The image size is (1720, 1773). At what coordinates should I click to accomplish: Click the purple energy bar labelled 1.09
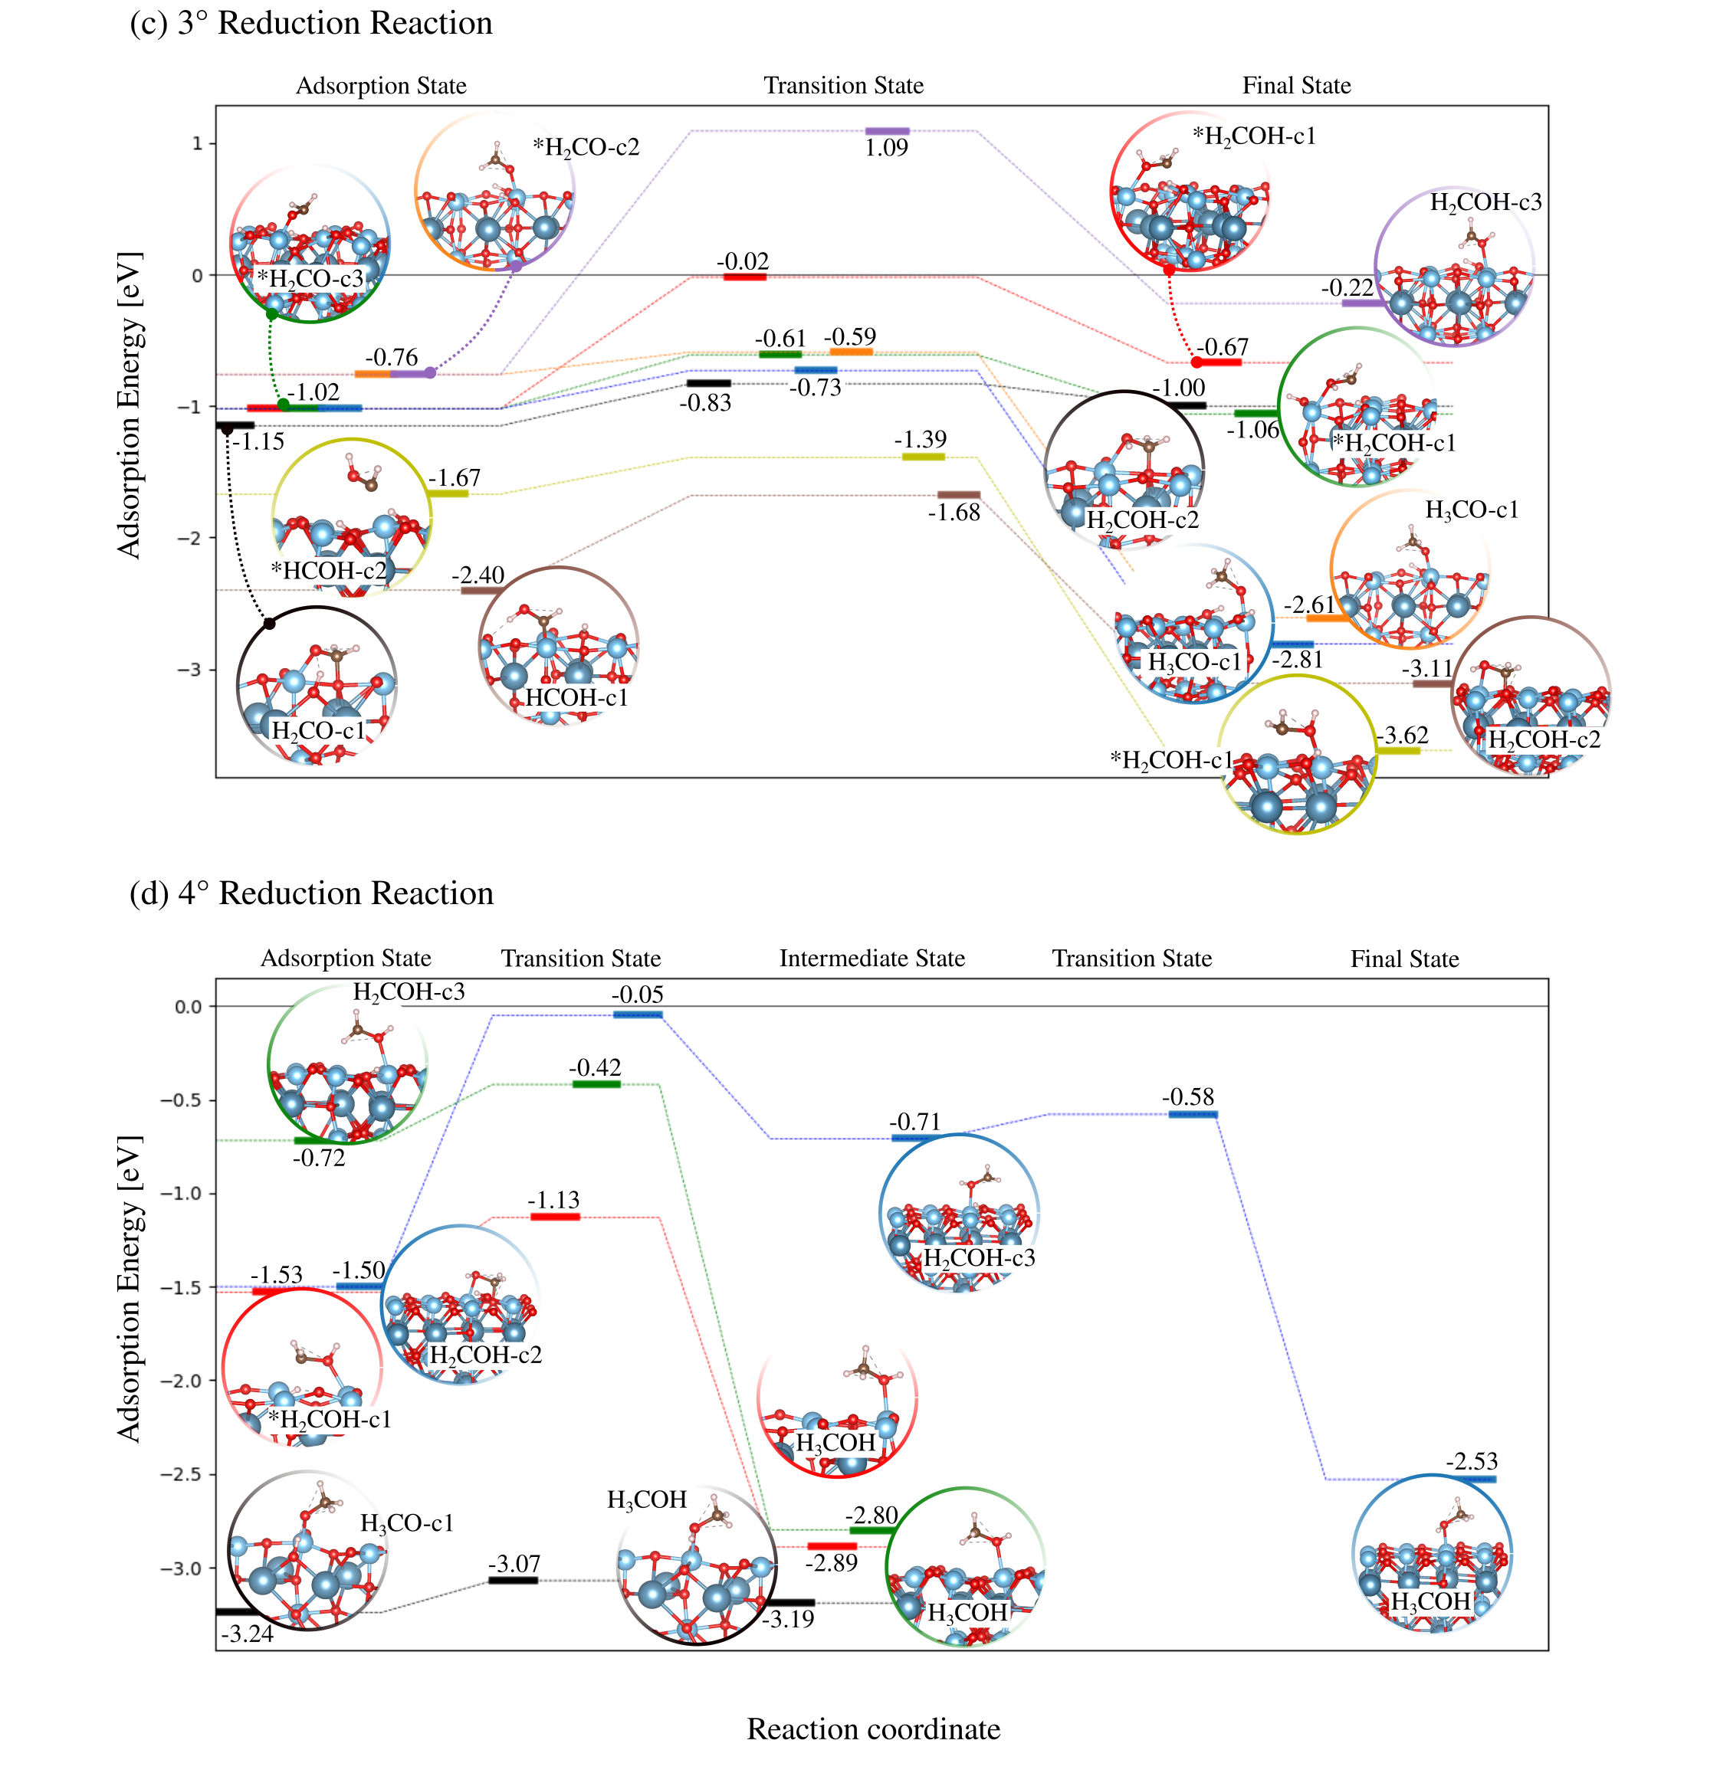click(x=887, y=132)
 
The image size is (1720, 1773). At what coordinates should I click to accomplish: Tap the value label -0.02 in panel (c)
click(x=743, y=261)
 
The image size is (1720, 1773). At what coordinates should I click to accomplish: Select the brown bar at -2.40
click(x=482, y=591)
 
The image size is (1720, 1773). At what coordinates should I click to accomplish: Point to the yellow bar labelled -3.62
click(x=1399, y=750)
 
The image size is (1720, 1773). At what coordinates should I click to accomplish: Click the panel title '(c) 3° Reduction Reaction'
click(x=311, y=24)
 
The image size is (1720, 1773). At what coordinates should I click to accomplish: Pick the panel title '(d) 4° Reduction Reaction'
click(x=311, y=893)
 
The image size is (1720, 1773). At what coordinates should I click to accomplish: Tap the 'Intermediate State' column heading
click(x=872, y=959)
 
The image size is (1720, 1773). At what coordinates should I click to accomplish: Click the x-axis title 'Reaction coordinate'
click(x=873, y=1729)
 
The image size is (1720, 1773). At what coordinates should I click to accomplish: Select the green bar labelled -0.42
click(x=596, y=1083)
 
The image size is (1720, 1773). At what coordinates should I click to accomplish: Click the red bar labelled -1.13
click(x=555, y=1217)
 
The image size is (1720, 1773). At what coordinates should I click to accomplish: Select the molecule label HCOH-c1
click(x=576, y=698)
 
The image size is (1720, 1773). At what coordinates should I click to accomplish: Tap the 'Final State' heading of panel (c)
click(x=1297, y=86)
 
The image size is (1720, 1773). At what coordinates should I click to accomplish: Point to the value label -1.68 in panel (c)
click(x=954, y=513)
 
